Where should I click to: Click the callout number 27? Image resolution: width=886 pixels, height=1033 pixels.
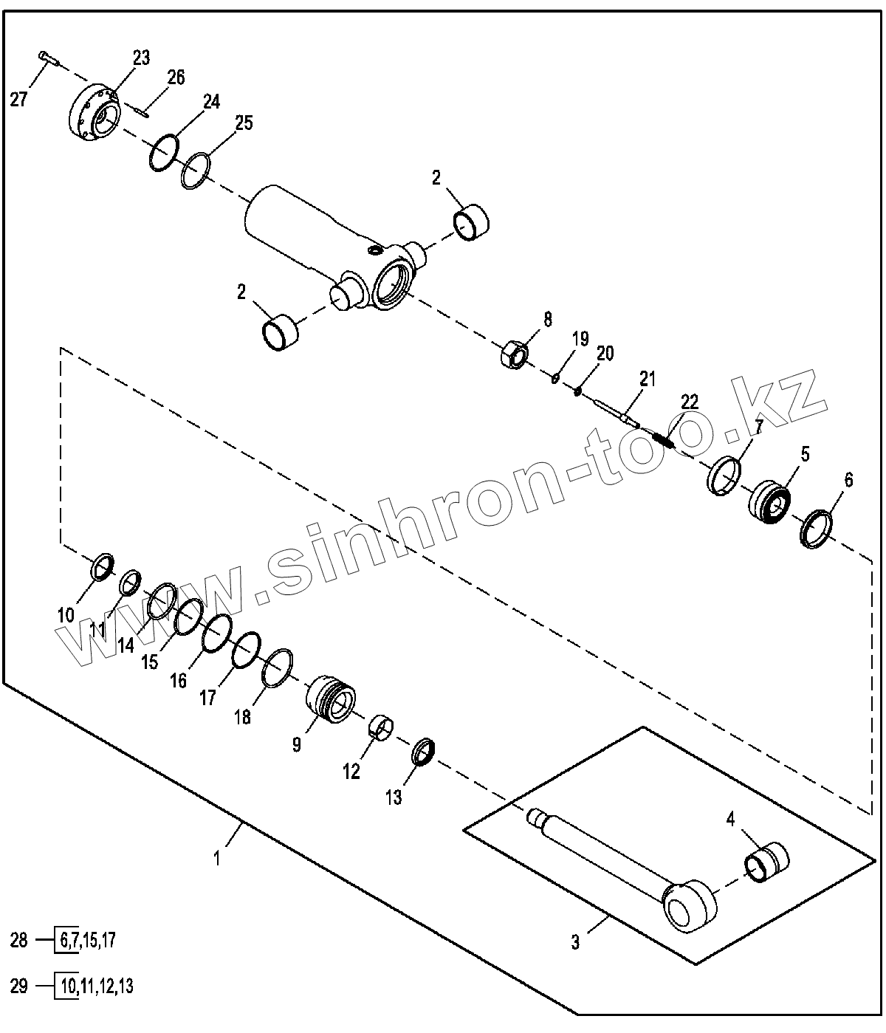18,98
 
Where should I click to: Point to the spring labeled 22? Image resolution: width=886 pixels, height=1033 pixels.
664,440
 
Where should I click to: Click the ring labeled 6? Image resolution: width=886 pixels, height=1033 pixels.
817,529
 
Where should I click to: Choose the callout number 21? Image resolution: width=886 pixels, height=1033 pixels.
647,380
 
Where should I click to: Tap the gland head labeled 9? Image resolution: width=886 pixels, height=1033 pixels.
331,697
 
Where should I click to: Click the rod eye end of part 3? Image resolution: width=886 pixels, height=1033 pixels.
691,905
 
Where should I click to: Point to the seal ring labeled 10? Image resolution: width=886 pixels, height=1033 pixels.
103,566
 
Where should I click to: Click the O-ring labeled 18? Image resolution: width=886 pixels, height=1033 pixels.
278,667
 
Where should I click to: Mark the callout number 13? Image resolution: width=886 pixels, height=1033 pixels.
394,797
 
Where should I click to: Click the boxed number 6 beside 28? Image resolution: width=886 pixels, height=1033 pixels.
65,940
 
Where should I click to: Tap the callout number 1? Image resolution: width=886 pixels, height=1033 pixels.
217,858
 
